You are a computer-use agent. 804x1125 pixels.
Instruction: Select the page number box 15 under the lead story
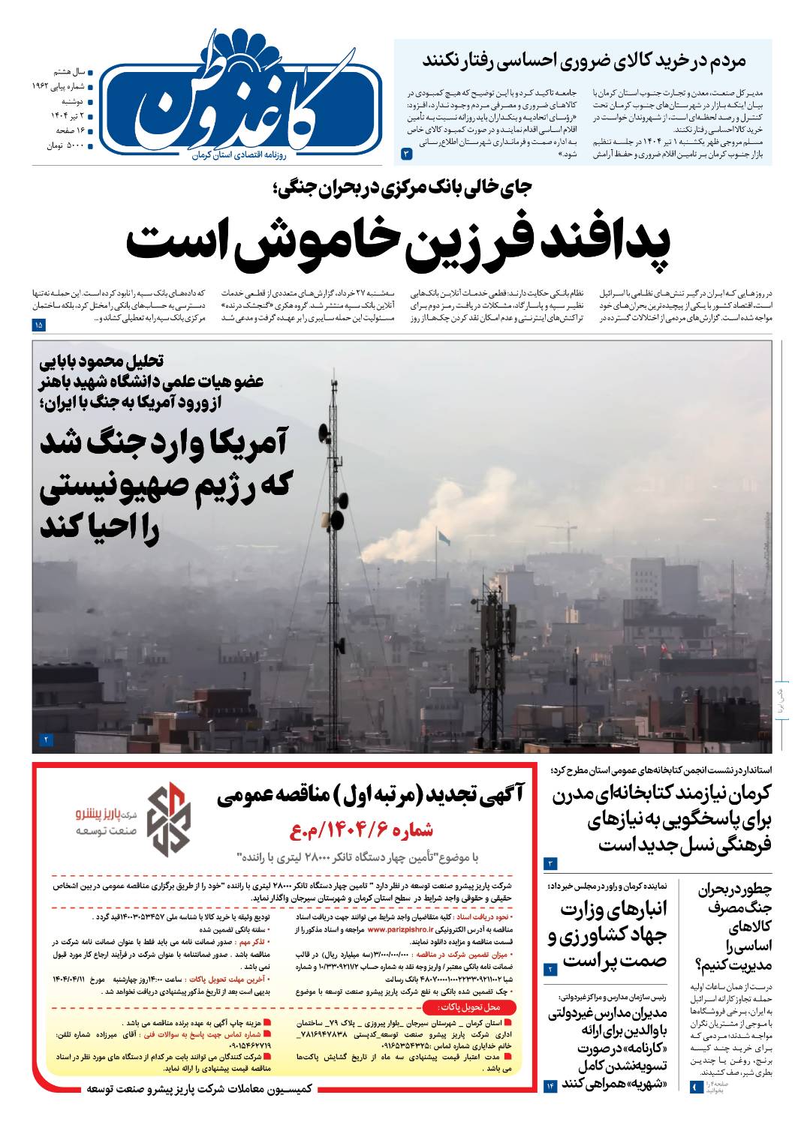tap(39, 325)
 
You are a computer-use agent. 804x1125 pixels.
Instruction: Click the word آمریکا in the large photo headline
tap(228, 443)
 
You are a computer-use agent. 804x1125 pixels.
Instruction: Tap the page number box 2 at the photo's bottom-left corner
tap(46, 740)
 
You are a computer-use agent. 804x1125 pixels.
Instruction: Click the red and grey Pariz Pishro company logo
tap(167, 819)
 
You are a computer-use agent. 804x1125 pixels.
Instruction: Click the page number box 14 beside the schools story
tap(550, 1085)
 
